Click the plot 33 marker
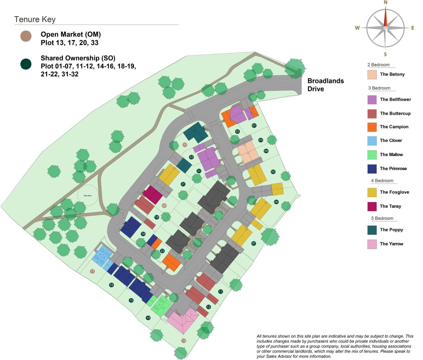coord(185,145)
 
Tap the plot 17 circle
coord(92,271)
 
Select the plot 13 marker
coord(184,341)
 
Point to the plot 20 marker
coord(164,206)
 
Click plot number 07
coord(253,243)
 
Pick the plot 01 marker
coord(254,125)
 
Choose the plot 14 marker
coord(148,318)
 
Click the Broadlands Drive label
coord(325,85)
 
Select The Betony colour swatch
coord(372,74)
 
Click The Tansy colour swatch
coord(372,206)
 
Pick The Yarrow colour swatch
coord(372,244)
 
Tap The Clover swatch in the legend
coord(372,141)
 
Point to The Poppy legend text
coord(391,230)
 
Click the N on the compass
coord(385,3)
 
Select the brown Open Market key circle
coord(26,36)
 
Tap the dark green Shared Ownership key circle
coord(26,64)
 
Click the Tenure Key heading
coord(35,19)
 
